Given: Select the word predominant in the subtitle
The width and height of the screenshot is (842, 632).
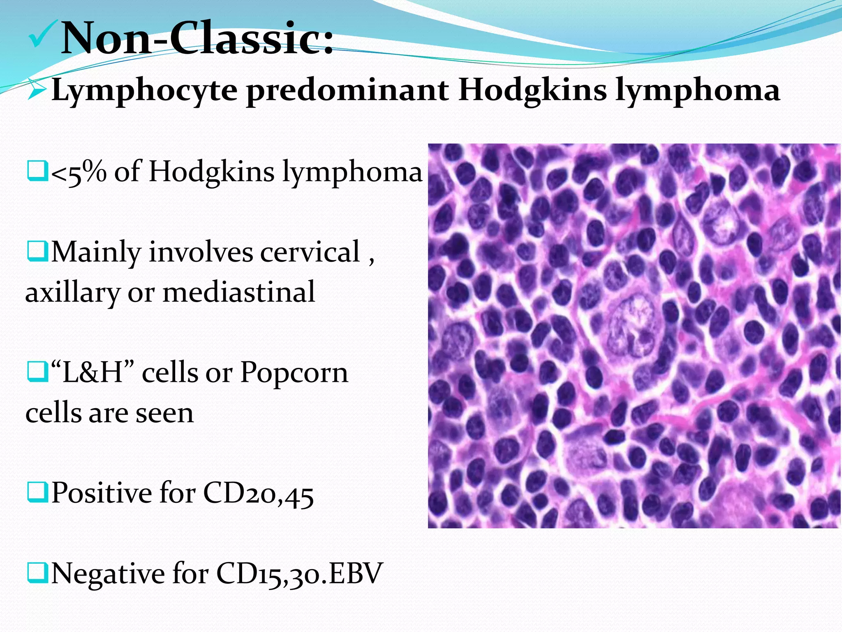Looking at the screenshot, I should pos(347,91).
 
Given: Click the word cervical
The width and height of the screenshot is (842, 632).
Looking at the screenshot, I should pos(310,252).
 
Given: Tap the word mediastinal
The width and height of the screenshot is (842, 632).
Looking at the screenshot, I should pos(239,292).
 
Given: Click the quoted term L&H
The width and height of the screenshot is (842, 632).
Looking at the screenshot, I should pos(93,372).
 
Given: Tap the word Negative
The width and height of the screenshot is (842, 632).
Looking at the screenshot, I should pos(107,573).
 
